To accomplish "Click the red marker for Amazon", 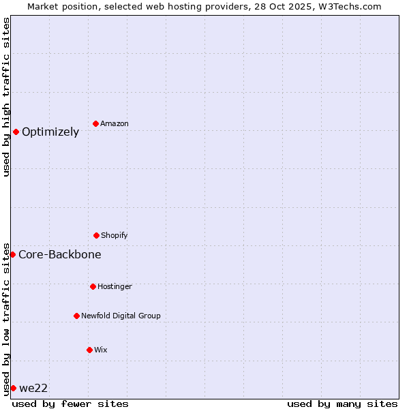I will [x=96, y=123].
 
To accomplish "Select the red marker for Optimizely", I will [x=16, y=132].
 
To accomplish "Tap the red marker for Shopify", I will [x=96, y=235].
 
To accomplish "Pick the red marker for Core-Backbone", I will [x=12, y=254].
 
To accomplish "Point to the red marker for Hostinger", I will [x=93, y=286].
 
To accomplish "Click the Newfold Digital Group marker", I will [x=76, y=316].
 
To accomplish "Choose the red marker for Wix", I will [x=89, y=350].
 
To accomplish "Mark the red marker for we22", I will [x=13, y=388].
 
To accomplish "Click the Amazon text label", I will [x=115, y=123].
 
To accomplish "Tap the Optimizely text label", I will [x=50, y=132].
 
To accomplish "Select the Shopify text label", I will [x=115, y=235].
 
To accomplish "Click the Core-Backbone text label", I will [x=60, y=254].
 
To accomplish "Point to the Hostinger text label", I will [x=115, y=286].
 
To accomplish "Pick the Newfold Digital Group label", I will [x=121, y=316].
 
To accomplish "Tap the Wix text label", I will [x=101, y=350].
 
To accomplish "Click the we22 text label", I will [x=33, y=388].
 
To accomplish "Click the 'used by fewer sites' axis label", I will [x=70, y=404].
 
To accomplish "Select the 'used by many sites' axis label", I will [x=342, y=404].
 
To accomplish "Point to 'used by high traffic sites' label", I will [x=6, y=97].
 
